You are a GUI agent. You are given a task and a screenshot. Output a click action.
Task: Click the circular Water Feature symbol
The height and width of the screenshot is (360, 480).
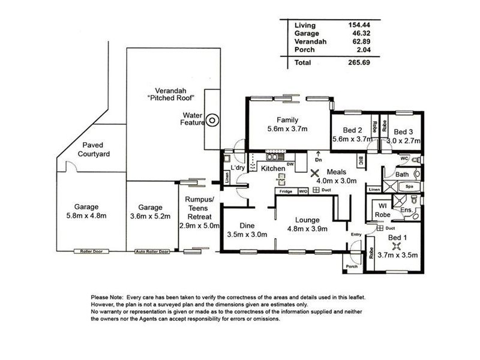click(212, 121)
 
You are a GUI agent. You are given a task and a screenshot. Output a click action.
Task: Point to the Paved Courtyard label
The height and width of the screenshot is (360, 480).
click(93, 149)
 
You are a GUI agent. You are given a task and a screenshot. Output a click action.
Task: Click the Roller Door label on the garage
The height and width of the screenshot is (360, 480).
click(91, 251)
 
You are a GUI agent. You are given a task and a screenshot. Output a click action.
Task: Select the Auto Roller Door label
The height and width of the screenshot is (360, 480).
click(152, 251)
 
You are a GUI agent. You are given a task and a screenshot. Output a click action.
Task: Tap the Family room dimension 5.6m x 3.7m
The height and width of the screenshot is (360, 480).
click(287, 128)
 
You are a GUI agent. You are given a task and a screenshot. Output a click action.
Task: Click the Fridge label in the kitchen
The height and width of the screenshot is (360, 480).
click(285, 191)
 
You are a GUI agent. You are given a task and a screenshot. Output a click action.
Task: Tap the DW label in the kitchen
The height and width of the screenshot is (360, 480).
click(290, 164)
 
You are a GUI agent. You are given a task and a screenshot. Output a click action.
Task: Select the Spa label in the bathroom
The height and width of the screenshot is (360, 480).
click(409, 187)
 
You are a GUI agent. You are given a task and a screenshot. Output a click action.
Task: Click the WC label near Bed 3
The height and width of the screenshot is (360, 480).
click(404, 158)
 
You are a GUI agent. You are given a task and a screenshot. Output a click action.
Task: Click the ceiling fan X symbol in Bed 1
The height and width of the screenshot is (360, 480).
click(395, 245)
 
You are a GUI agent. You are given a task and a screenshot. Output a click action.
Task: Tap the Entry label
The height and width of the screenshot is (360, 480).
click(357, 235)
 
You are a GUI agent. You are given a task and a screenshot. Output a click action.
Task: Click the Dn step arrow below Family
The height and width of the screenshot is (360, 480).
click(319, 157)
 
